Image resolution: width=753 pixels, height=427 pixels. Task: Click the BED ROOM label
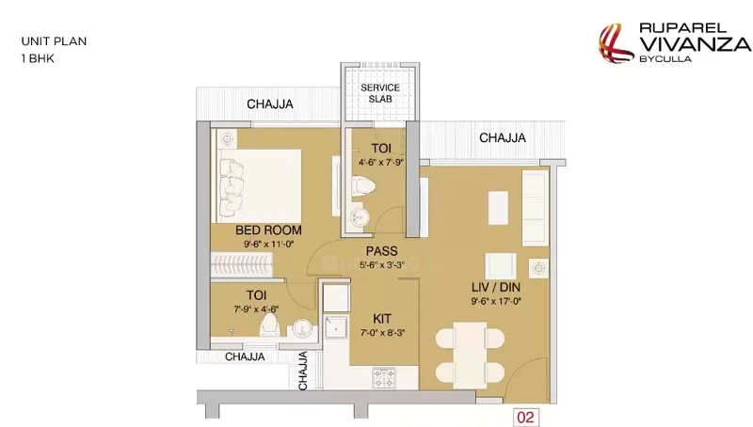[x=268, y=229]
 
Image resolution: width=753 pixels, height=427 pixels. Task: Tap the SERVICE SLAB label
[x=380, y=93]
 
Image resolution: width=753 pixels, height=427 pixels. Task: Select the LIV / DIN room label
[x=496, y=287]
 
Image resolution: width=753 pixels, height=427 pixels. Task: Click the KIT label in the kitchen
[x=382, y=319]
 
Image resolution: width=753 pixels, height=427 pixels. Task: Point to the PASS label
[x=382, y=251]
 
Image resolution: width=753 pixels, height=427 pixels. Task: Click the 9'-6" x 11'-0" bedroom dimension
[x=268, y=245]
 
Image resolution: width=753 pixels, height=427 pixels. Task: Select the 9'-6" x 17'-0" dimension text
[x=496, y=301]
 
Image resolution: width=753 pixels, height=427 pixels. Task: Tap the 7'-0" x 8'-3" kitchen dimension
[x=382, y=333]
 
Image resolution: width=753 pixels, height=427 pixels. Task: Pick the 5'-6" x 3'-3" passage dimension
[x=382, y=264]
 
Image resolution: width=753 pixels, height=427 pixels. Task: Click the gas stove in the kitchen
[x=384, y=378]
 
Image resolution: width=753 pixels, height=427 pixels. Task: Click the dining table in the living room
[x=470, y=356]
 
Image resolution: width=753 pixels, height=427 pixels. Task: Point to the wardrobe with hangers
[x=242, y=264]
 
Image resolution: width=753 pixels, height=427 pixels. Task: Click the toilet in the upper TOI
[x=362, y=186]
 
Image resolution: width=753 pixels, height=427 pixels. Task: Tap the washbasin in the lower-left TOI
[x=302, y=328]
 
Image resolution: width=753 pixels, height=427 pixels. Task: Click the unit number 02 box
[x=526, y=417]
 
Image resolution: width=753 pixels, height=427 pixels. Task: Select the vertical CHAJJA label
[x=302, y=371]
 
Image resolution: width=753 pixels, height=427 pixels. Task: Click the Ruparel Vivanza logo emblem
[x=615, y=43]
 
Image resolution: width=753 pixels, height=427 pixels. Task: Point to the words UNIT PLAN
[x=54, y=41]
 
